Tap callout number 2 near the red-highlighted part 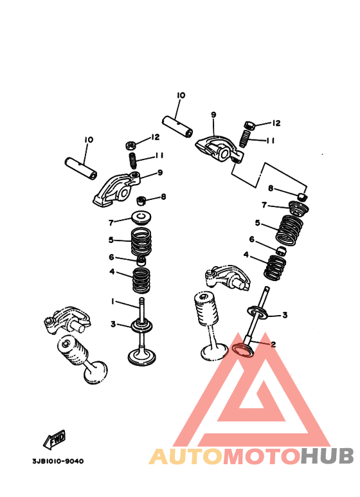pyautogui.click(x=273, y=344)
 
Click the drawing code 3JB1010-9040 pyautogui.click(x=57, y=461)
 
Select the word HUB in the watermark pyautogui.click(x=327, y=456)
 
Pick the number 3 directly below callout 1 pyautogui.click(x=113, y=325)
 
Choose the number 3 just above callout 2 pyautogui.click(x=285, y=314)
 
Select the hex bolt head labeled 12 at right pyautogui.click(x=250, y=125)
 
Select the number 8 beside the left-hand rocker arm pyautogui.click(x=163, y=197)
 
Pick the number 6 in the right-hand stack pyautogui.click(x=251, y=239)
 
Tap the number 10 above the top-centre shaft pyautogui.click(x=180, y=95)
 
